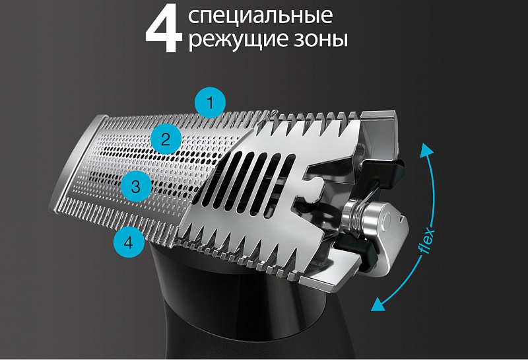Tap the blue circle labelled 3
pos(135,186)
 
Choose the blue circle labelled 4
pos(128,242)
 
